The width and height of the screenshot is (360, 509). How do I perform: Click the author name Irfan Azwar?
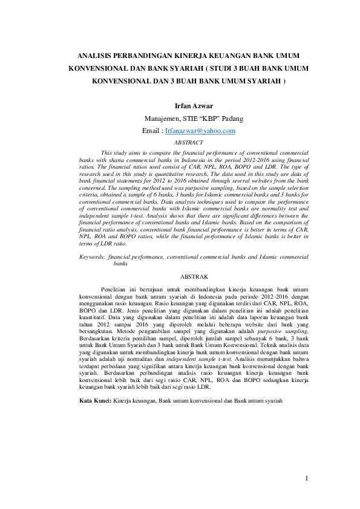click(189, 106)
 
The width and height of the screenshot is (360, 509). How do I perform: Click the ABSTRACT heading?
click(189, 143)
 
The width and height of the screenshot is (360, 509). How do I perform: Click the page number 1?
click(307, 479)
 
